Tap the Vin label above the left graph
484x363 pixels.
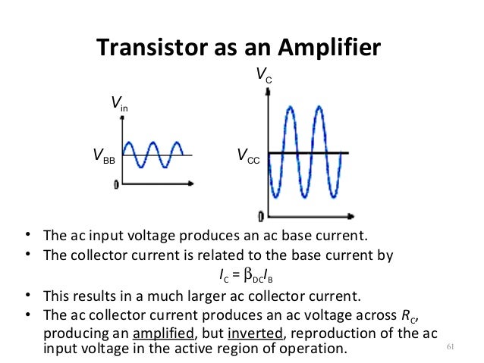click(120, 103)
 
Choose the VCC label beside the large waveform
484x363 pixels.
click(248, 157)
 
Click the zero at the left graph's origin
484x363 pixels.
click(116, 184)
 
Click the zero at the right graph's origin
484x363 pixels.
click(261, 214)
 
